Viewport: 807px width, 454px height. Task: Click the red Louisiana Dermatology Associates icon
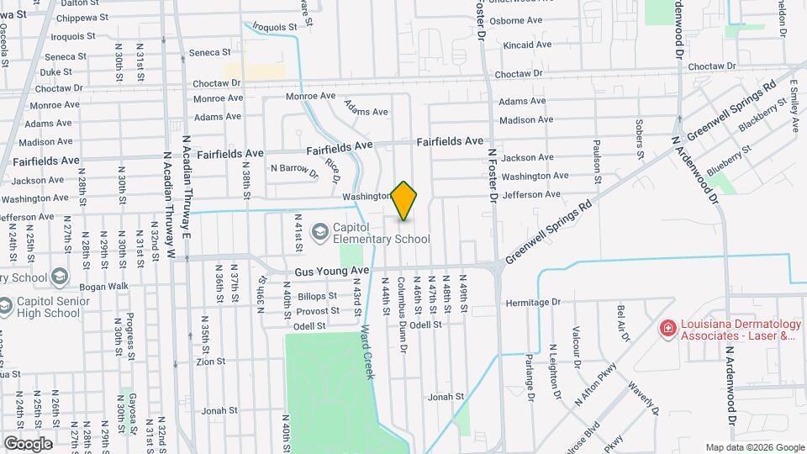coord(667,328)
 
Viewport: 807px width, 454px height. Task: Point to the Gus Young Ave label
coord(332,272)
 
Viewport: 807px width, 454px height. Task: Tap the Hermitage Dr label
coord(532,303)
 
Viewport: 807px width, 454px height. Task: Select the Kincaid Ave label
coord(527,44)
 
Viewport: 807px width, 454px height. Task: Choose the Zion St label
coord(211,362)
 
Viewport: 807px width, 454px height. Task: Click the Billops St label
coord(317,296)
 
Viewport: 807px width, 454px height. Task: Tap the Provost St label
coord(317,310)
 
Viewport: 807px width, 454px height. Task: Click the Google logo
coord(28,443)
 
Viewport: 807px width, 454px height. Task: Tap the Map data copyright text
coord(754,447)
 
